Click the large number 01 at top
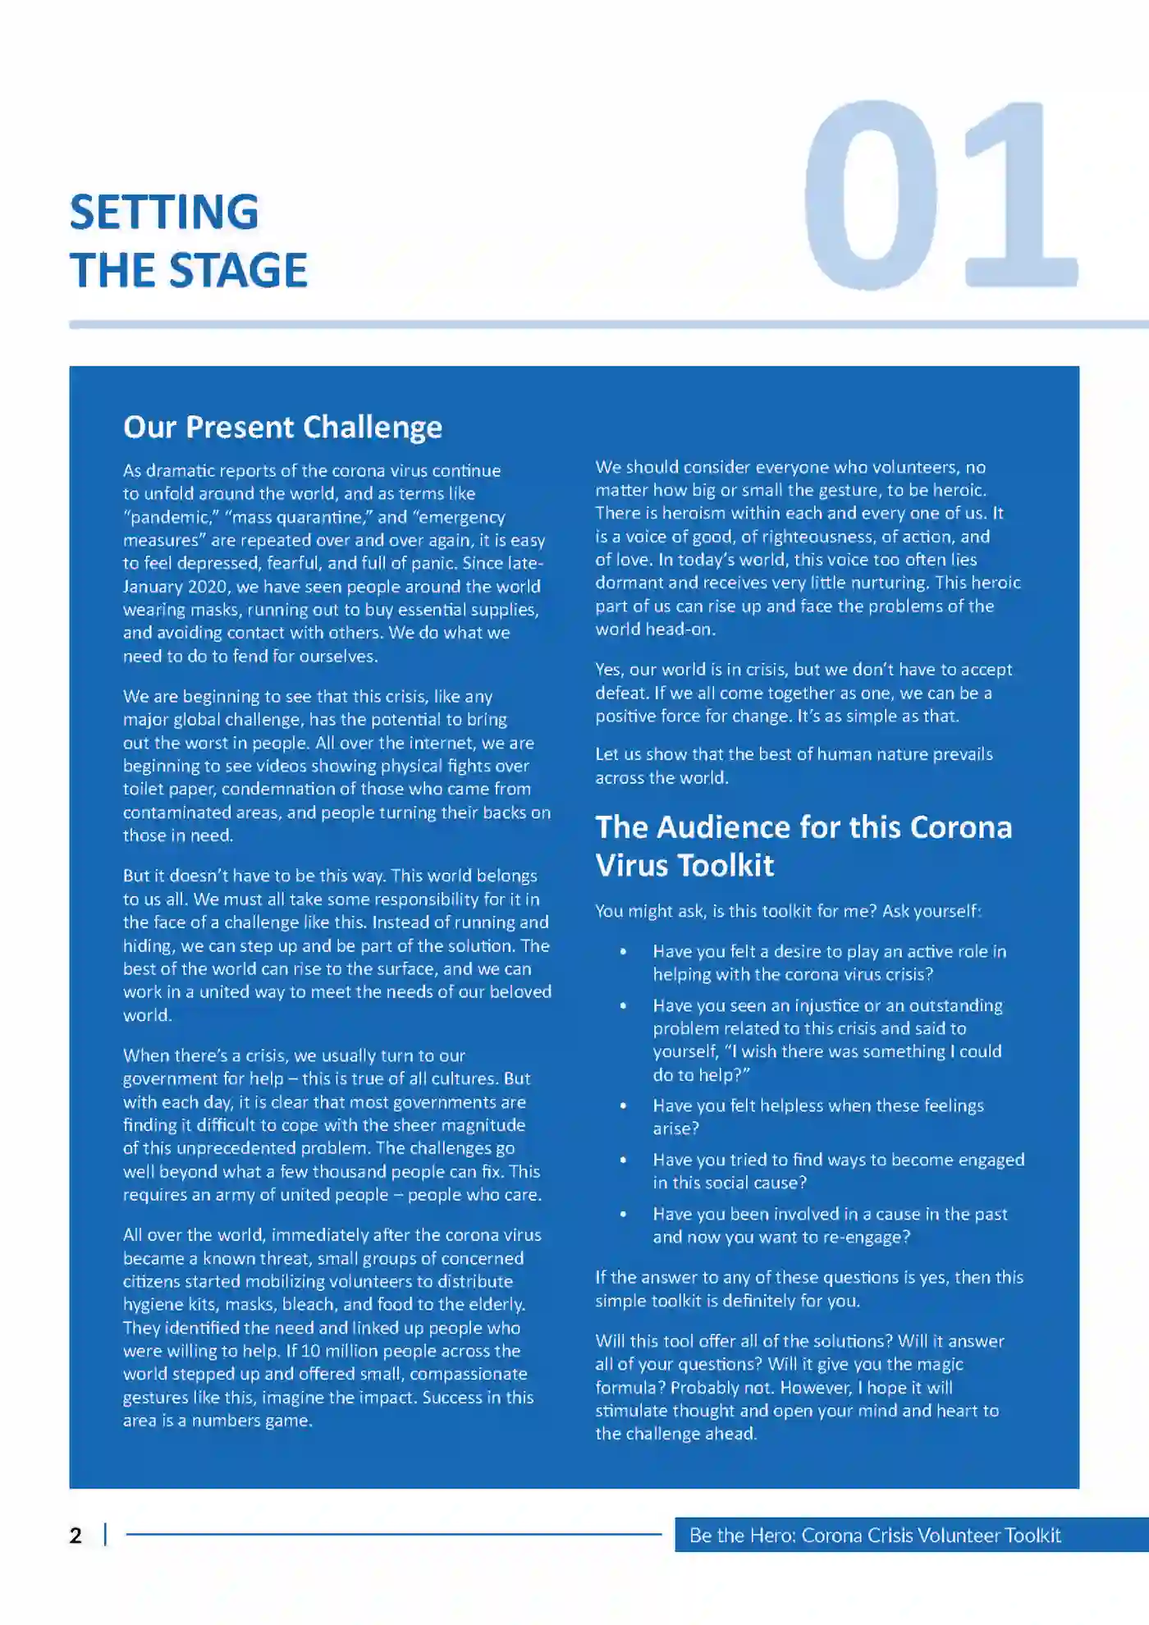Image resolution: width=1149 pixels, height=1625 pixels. pyautogui.click(x=940, y=195)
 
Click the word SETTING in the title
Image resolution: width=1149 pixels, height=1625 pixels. pyautogui.click(x=164, y=212)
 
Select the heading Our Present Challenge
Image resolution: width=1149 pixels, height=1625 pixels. pyautogui.click(x=282, y=427)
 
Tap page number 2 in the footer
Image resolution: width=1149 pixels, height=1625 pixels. pyautogui.click(x=76, y=1535)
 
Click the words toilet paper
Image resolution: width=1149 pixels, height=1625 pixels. pyautogui.click(x=168, y=789)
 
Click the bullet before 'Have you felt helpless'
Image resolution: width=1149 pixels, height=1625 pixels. pyautogui.click(x=624, y=1105)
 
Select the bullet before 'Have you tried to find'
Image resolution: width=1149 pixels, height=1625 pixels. pyautogui.click(x=624, y=1160)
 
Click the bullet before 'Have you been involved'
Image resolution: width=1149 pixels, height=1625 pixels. pyautogui.click(x=624, y=1214)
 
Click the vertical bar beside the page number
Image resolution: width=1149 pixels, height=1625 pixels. pyautogui.click(x=105, y=1535)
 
